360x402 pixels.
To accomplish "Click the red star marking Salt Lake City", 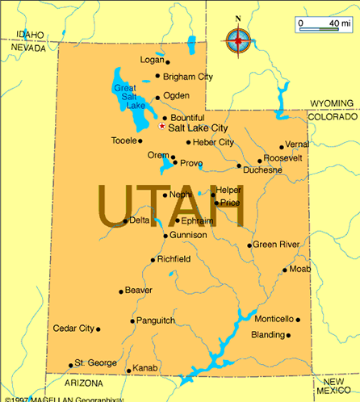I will coord(162,127).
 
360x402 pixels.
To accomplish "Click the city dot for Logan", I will coord(167,61).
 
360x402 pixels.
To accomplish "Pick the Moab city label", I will coord(299,268).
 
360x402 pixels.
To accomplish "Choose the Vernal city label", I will coord(297,144).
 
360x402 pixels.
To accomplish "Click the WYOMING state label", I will coord(332,103).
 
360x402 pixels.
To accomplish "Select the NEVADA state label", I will coord(28,48).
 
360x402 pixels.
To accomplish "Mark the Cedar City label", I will coord(73,329).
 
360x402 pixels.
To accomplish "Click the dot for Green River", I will coord(249,245).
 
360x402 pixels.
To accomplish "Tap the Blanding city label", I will coord(268,334).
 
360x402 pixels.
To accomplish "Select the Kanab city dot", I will coord(128,371).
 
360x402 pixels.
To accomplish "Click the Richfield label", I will coord(174,259).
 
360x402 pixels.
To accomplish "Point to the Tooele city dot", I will coord(142,141).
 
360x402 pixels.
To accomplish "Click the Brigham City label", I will coord(188,77).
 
